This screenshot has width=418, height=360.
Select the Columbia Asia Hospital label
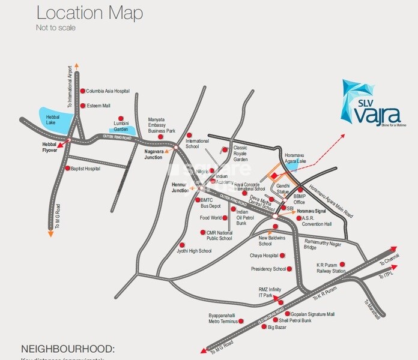pyautogui.click(x=108, y=91)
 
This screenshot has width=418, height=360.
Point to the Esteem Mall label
pyautogui.click(x=98, y=106)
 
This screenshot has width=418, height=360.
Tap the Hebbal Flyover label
pyautogui.click(x=49, y=147)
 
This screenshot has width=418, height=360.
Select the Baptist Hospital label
pyautogui.click(x=85, y=169)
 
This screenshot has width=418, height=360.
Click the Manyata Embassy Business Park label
pyautogui.click(x=162, y=125)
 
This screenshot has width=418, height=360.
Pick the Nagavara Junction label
pyautogui.click(x=153, y=154)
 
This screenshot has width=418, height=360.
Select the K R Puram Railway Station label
pyautogui.click(x=332, y=268)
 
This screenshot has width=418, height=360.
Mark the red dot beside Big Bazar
pyautogui.click(x=262, y=328)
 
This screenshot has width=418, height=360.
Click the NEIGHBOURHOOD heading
pyautogui.click(x=68, y=349)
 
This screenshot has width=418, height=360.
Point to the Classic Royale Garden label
pyautogui.click(x=240, y=154)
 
